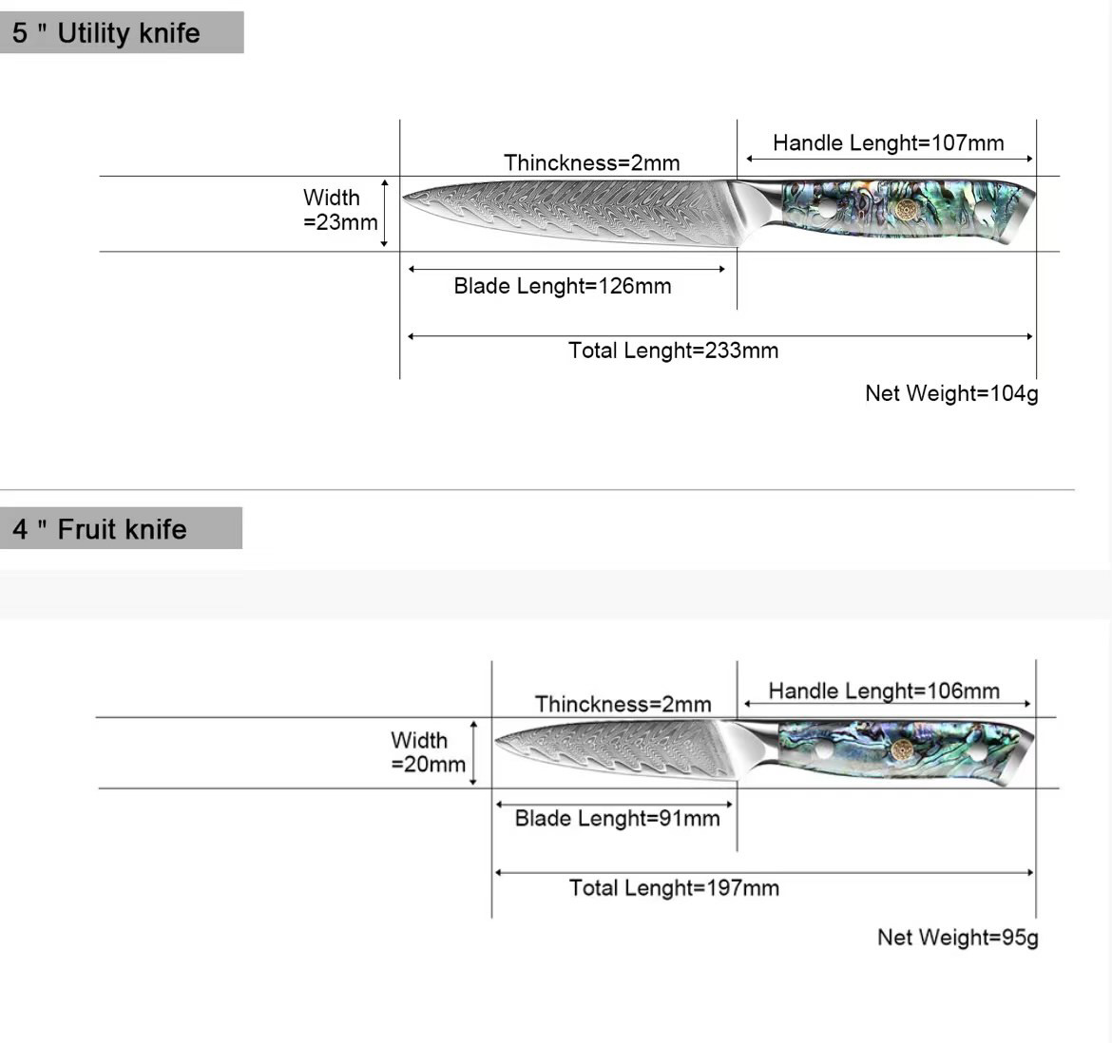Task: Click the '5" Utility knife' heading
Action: [106, 33]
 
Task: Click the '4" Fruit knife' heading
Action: [100, 529]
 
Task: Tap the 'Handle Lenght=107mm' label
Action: [888, 143]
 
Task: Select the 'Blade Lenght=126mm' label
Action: [562, 286]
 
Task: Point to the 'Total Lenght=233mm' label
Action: [673, 351]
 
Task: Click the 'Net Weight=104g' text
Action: [951, 393]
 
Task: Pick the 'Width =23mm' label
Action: [339, 210]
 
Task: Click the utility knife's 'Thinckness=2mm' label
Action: [591, 162]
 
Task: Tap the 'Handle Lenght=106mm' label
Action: [884, 691]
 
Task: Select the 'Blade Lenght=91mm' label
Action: [617, 818]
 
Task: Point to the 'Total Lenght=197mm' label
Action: [673, 888]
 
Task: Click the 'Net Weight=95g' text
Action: [957, 938]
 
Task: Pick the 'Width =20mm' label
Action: [428, 751]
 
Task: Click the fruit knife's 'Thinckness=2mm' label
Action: [623, 704]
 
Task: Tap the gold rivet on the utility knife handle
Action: [903, 208]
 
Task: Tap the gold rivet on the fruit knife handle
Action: [903, 749]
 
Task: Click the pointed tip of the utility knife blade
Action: [405, 198]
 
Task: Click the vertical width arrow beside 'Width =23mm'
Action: [384, 213]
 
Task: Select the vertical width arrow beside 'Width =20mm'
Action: [473, 752]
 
